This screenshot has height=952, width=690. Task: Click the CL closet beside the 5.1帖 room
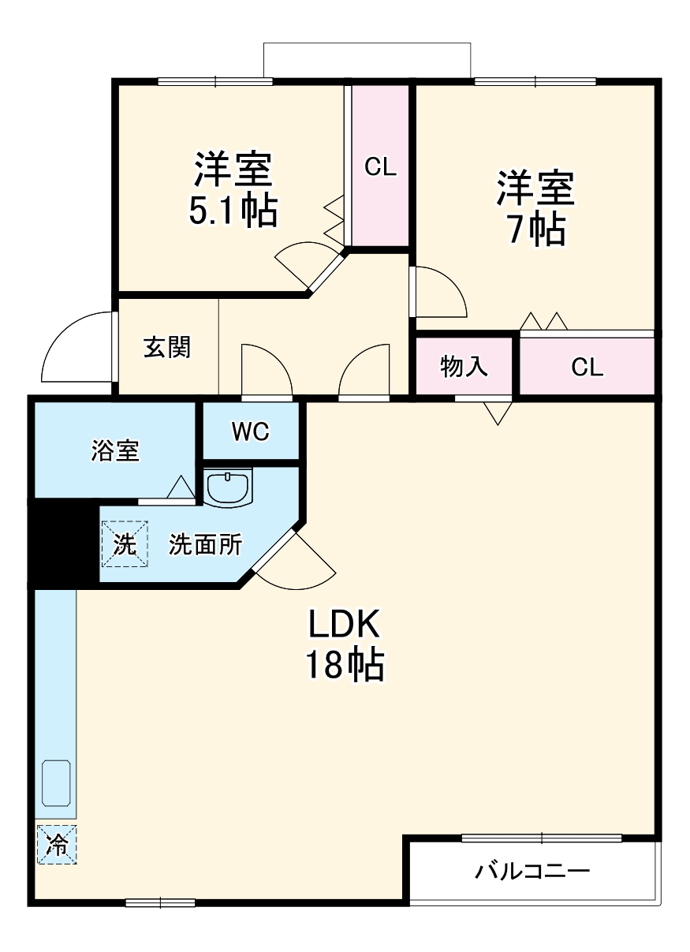pyautogui.click(x=380, y=167)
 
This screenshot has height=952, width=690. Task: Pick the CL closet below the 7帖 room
pyautogui.click(x=587, y=367)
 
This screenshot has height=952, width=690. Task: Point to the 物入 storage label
pyautogui.click(x=464, y=367)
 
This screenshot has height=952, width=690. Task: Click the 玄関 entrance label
pyautogui.click(x=167, y=347)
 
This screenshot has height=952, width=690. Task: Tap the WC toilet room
pyautogui.click(x=251, y=431)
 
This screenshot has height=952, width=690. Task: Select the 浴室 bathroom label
pyautogui.click(x=115, y=451)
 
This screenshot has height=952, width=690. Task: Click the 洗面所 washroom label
pyautogui.click(x=206, y=545)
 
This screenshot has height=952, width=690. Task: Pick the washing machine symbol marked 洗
pyautogui.click(x=124, y=543)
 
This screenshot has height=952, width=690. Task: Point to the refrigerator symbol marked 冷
pyautogui.click(x=57, y=844)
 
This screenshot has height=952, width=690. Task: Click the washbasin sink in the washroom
pyautogui.click(x=228, y=487)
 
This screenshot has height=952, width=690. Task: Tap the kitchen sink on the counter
pyautogui.click(x=56, y=782)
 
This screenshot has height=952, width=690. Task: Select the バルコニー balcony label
pyautogui.click(x=532, y=872)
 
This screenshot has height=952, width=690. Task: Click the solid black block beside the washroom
pyautogui.click(x=63, y=543)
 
